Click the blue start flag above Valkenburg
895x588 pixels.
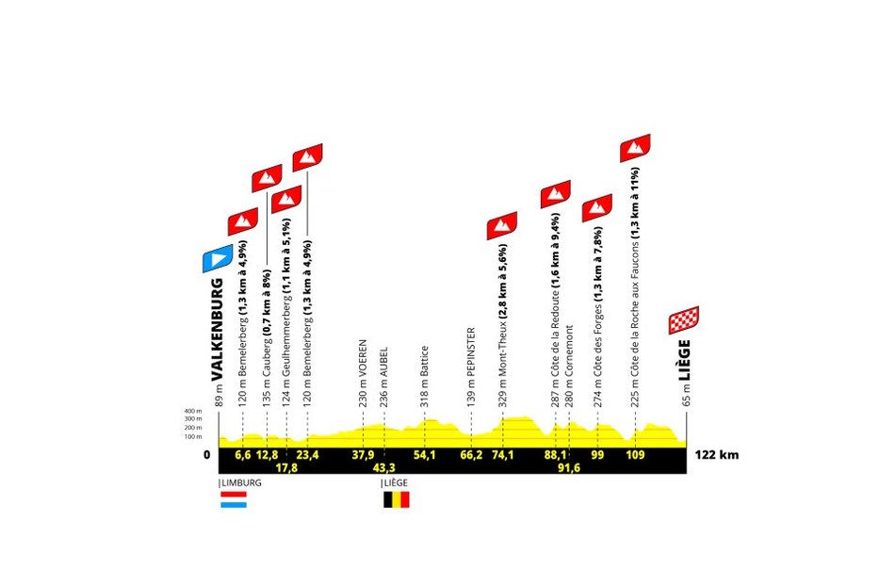tap(218, 258)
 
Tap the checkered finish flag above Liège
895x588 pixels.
tap(684, 320)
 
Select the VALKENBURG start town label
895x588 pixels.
tap(217, 330)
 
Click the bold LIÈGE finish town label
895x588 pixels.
tap(684, 360)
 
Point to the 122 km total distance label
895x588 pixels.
tap(717, 455)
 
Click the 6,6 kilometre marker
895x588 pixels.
tap(243, 455)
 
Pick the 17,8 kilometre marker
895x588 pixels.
tap(286, 467)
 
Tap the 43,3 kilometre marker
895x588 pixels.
tap(383, 467)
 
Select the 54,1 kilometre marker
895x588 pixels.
tap(424, 455)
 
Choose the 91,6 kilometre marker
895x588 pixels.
tap(569, 467)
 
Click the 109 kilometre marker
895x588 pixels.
tap(635, 455)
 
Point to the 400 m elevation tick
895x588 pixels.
tap(193, 411)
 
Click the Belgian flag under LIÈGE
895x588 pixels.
tap(396, 500)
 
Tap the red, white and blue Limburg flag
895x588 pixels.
tap(234, 499)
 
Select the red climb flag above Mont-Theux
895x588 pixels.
tap(502, 225)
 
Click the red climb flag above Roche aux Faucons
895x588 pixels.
tap(635, 148)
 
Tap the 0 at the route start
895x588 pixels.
tap(206, 455)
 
